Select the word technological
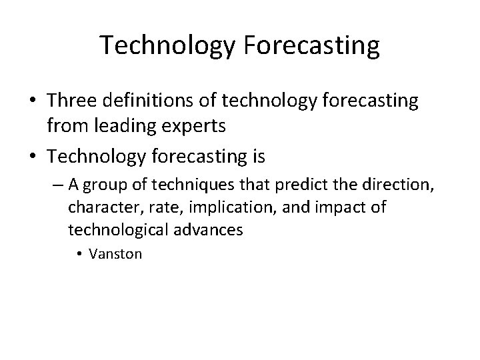pos(113,230)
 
